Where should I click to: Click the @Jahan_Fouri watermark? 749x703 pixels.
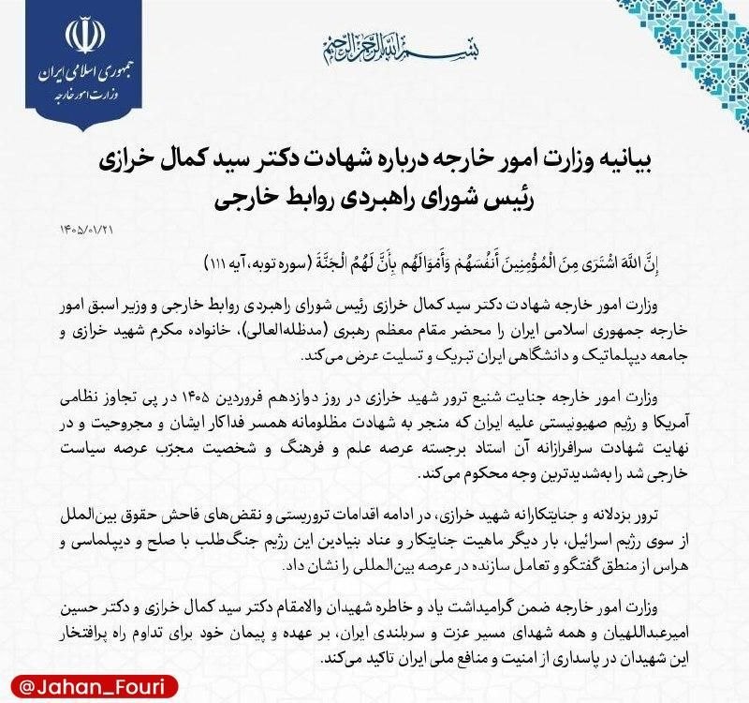pos(70,676)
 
